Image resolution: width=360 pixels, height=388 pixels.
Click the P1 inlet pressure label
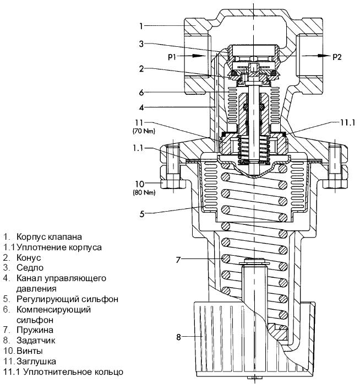coord(172,57)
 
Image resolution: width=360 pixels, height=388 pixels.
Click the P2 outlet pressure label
coord(337,57)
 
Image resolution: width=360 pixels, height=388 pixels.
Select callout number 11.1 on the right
coord(348,122)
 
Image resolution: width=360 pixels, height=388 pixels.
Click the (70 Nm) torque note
coord(144,131)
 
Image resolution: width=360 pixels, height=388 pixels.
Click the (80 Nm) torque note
coord(144,192)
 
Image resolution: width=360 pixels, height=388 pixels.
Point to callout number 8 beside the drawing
coord(179,337)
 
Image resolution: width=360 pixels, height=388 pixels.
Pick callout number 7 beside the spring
coord(178,260)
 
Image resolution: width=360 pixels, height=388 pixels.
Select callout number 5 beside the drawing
coord(142,214)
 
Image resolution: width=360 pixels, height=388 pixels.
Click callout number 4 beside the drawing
coord(141,107)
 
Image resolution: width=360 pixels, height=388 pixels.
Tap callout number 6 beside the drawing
coord(141,93)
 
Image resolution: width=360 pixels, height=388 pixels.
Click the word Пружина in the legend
coord(35,330)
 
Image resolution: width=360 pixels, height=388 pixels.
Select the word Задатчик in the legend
coord(36,341)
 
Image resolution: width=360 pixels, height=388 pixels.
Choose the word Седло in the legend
coord(30,268)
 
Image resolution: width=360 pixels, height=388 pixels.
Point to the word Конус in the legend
coord(29,258)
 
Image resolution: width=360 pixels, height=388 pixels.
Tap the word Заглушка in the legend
coord(36,362)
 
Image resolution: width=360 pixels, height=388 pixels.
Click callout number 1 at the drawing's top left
coord(141,26)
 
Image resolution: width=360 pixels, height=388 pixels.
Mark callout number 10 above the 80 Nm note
coord(139,184)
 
